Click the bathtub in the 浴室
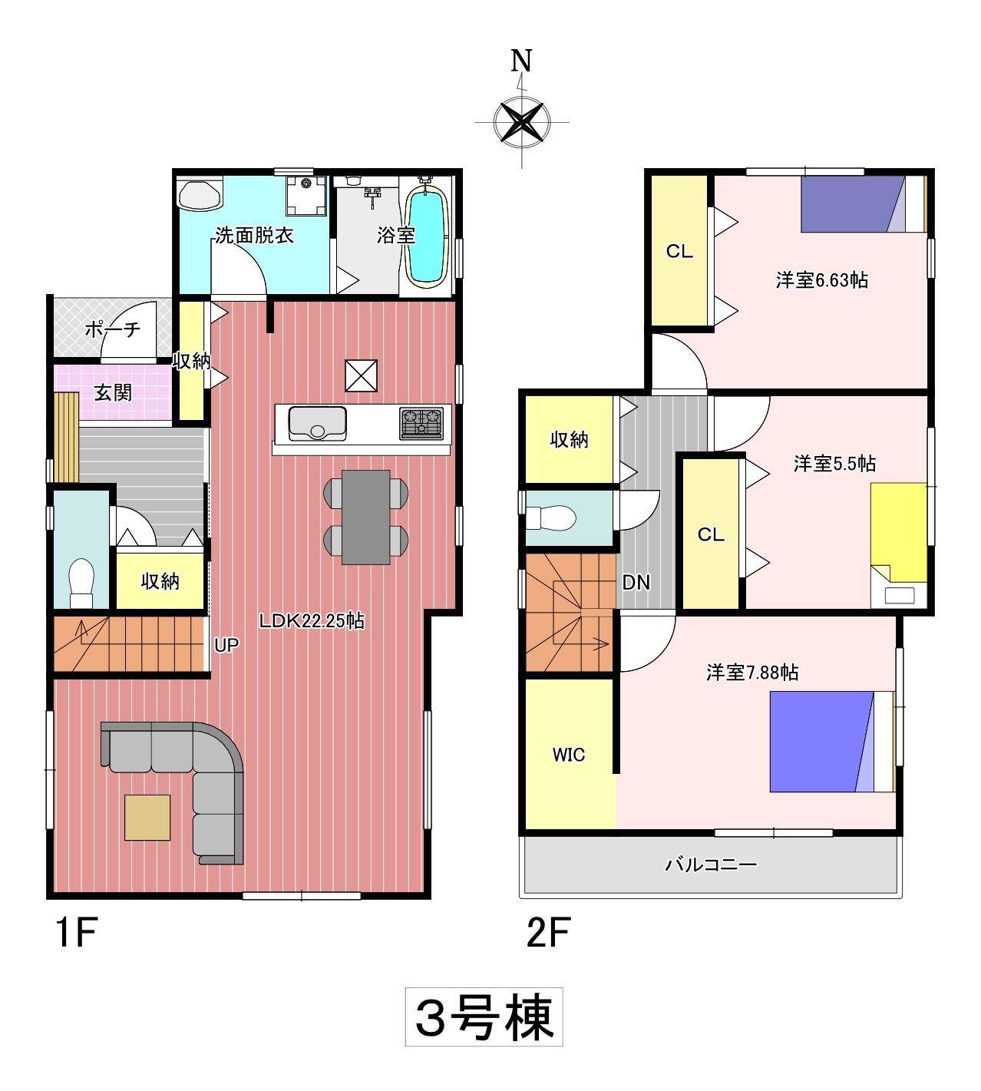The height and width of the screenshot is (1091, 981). pos(427,236)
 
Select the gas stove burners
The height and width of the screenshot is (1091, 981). pos(421,423)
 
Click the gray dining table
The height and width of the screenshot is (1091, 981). pos(365,517)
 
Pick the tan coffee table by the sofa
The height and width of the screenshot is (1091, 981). pos(147,818)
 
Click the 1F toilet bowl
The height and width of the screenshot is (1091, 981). pos(81,583)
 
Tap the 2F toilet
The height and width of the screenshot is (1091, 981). pos(551,517)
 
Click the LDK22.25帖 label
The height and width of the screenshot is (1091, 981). pos(312,620)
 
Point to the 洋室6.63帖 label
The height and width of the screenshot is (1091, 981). pos(821,280)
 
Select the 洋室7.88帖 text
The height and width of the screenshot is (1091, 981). pos(752,673)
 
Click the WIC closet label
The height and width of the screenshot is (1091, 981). pos(569,755)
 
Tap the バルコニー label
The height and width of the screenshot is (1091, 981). pos(711,865)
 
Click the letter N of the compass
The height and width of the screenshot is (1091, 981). pos(521,61)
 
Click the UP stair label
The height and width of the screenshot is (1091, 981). pos(226,645)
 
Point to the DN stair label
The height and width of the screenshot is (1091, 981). pos(636,583)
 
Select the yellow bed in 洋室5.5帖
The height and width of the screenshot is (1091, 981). pos(899,533)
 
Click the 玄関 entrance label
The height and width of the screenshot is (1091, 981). pos(113,392)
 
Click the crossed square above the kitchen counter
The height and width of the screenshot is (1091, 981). pos(361,375)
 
